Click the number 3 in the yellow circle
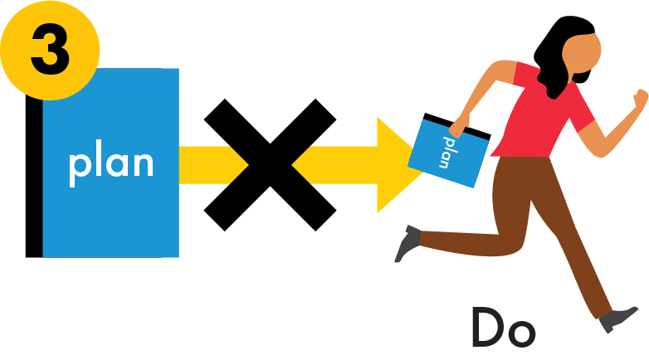(x=50, y=50)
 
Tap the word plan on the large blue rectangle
(x=110, y=163)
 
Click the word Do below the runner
(x=503, y=328)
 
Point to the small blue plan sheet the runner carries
(x=448, y=153)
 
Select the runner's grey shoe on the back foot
(x=407, y=242)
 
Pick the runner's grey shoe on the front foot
(x=617, y=318)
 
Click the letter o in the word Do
(x=522, y=333)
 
